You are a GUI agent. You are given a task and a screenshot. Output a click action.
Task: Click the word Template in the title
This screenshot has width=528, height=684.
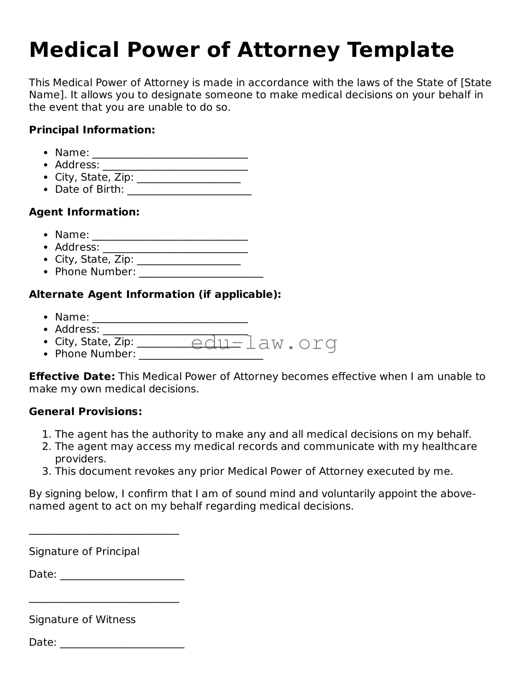[x=400, y=50]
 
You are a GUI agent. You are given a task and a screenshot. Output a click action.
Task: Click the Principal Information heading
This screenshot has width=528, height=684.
[x=92, y=130]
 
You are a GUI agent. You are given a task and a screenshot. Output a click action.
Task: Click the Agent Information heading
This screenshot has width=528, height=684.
[x=84, y=212]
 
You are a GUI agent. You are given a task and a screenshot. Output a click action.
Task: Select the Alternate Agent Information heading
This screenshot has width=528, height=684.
[x=155, y=294]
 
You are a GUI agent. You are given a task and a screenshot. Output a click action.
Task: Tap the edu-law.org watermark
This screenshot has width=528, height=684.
[x=264, y=343]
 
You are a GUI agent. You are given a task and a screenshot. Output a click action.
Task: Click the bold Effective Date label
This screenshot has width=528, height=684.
[x=72, y=377]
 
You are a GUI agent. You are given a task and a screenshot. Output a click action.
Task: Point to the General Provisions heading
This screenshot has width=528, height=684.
[x=85, y=412]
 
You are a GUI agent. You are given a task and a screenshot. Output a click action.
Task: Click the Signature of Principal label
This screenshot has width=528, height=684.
[x=84, y=552]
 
